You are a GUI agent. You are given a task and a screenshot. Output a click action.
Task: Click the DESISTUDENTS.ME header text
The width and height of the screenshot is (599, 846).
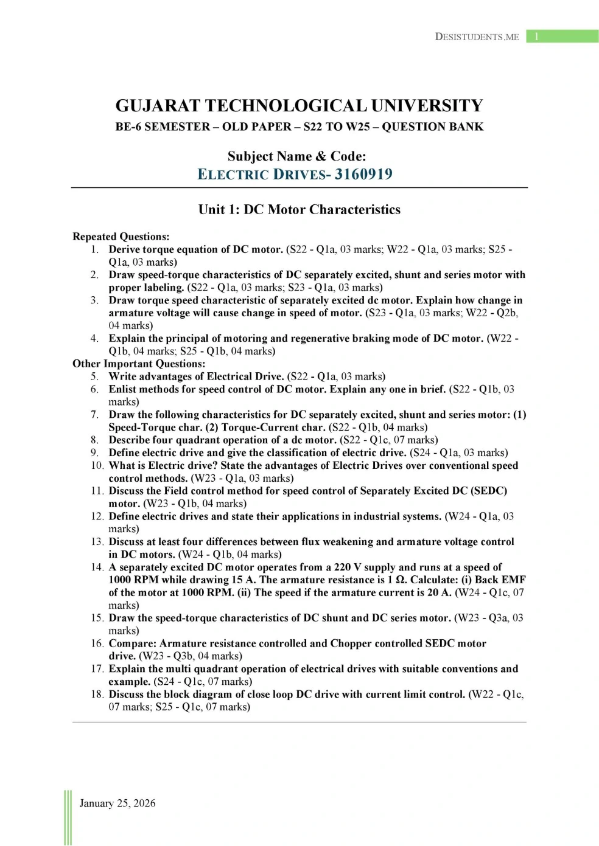477,36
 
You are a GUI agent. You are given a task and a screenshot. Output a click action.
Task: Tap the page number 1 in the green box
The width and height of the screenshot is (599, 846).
536,36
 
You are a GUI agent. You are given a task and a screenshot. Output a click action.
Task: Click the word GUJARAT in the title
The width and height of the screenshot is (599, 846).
158,106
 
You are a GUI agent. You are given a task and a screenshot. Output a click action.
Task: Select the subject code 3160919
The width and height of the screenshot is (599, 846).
363,175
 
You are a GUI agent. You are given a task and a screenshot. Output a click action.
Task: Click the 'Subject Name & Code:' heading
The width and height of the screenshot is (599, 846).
296,156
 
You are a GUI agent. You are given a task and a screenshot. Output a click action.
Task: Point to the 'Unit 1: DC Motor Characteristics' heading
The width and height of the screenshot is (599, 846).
299,210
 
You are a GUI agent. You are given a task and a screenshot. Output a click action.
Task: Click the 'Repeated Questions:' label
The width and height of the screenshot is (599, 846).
121,237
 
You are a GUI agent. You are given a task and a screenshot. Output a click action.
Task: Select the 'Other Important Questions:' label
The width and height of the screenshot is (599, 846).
139,364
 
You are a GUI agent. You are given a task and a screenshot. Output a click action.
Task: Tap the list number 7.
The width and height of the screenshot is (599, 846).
94,415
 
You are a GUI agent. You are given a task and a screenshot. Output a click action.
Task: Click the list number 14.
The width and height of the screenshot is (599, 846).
97,567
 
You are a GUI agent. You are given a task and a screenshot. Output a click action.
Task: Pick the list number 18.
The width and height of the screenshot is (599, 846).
97,695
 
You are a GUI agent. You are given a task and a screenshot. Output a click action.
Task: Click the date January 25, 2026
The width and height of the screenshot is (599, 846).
117,803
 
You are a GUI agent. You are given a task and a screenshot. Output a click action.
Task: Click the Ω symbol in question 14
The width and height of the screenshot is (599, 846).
401,580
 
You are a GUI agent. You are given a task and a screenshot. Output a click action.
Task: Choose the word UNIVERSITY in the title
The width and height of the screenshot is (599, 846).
427,106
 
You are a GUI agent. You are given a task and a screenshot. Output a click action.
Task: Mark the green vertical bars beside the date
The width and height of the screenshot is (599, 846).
68,817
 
